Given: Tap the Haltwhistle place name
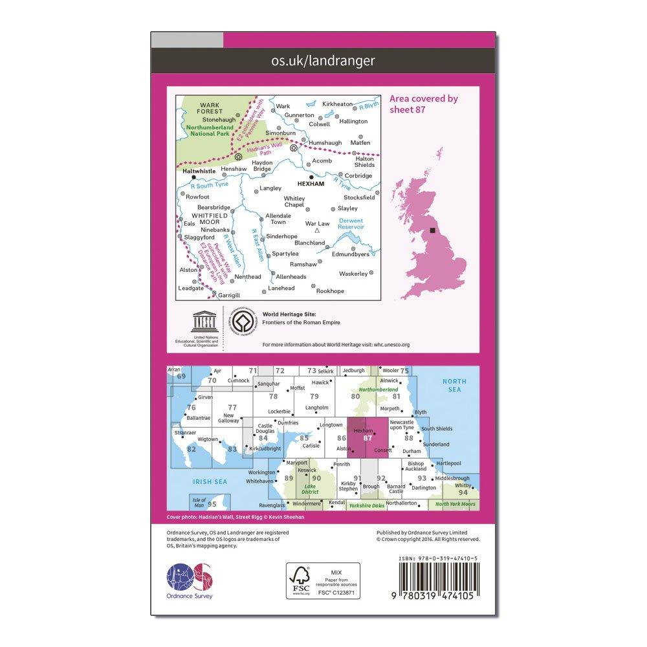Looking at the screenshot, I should click(199, 172).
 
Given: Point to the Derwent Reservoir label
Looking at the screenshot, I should click(351, 224).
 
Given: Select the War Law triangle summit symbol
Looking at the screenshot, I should click(317, 230).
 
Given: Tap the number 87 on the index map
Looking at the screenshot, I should click(368, 438).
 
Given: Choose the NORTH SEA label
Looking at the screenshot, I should click(454, 386).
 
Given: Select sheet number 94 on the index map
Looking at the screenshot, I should click(463, 492).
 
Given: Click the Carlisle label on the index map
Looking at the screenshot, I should click(312, 446).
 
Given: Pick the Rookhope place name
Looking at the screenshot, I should click(331, 291).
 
